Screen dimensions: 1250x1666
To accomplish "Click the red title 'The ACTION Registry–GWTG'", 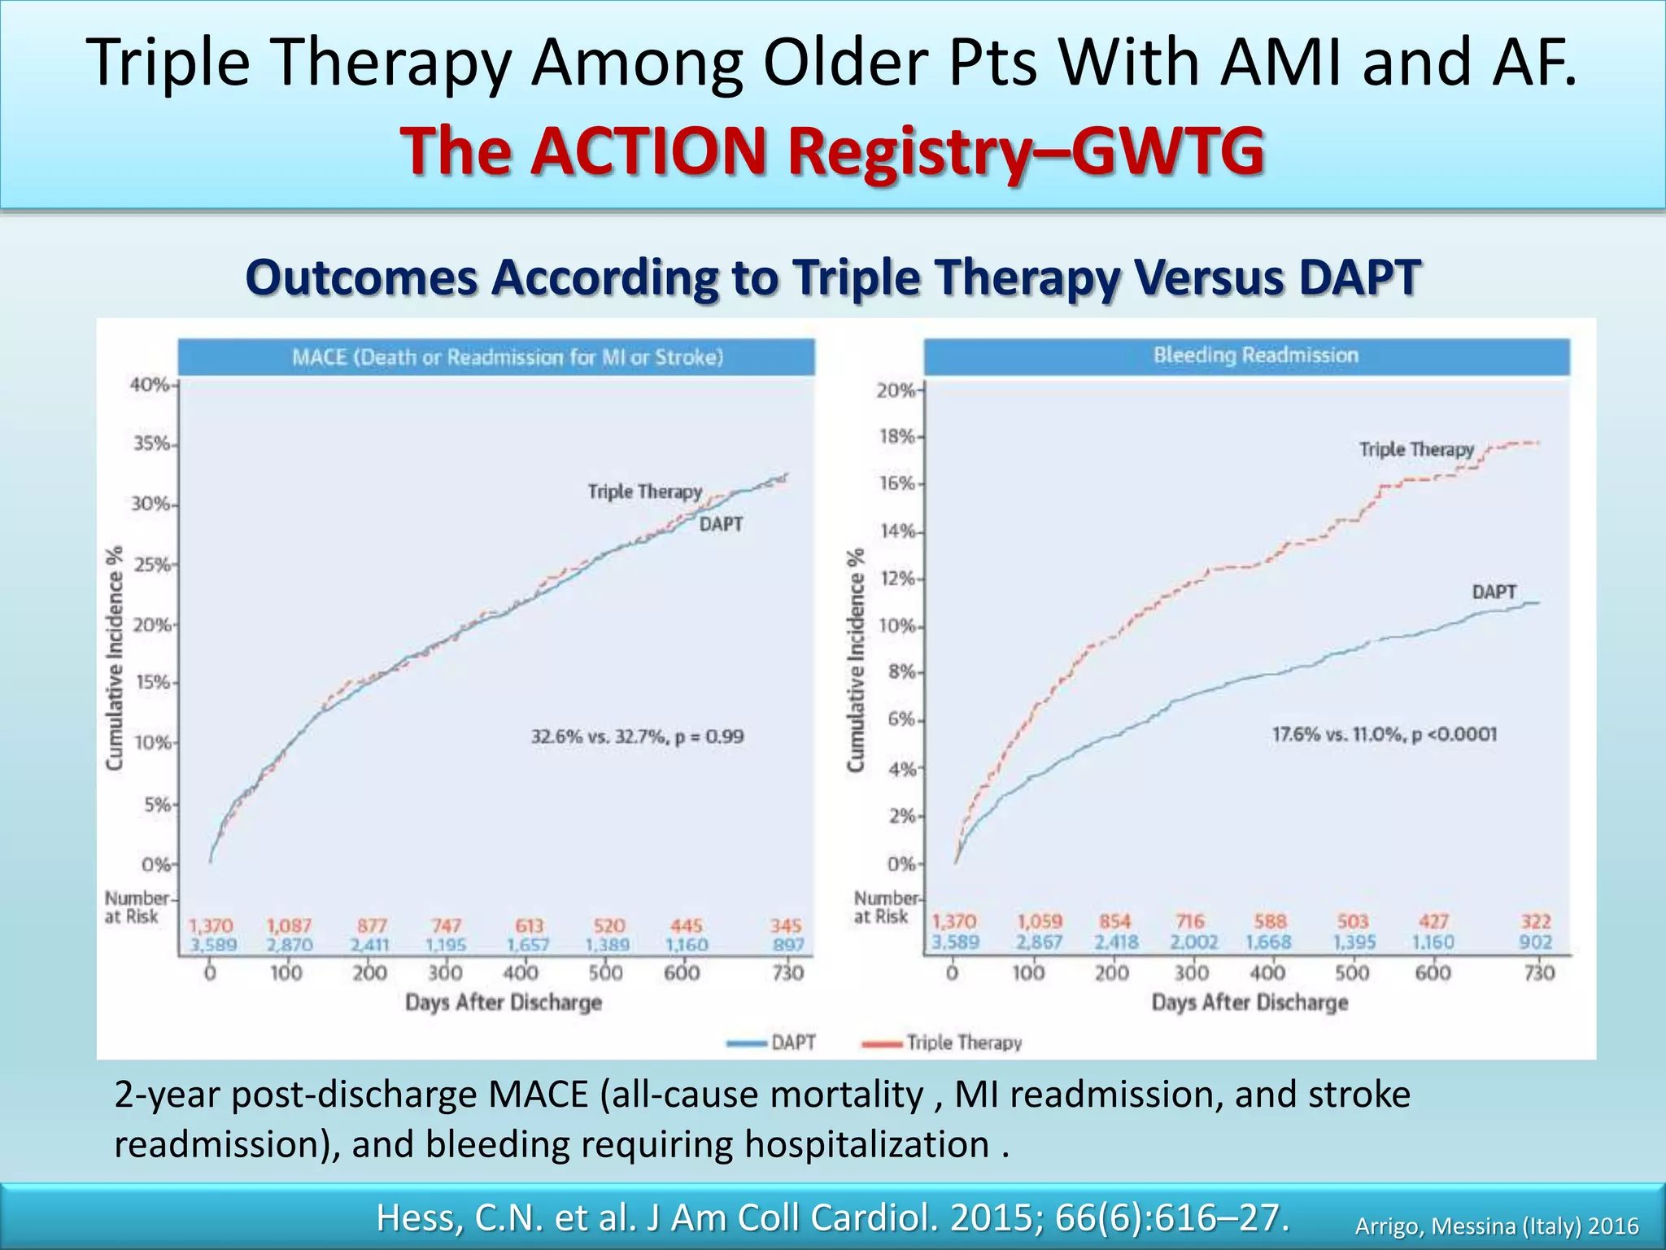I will tap(832, 152).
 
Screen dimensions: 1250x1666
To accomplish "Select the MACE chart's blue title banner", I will tap(496, 357).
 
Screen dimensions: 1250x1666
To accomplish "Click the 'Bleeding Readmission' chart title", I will tap(1255, 356).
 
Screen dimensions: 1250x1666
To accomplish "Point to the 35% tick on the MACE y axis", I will tap(152, 444).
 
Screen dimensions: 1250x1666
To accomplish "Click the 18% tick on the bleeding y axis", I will tap(896, 437).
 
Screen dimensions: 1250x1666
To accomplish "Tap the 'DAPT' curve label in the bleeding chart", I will tap(1494, 592).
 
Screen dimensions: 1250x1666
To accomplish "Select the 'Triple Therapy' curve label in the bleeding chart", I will tap(1416, 450).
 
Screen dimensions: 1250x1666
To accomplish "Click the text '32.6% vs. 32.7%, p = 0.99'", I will tap(637, 737).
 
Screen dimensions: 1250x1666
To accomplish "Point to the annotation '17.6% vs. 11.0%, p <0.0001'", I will tap(1384, 735).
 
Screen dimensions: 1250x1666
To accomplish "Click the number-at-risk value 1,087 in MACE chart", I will tap(289, 926).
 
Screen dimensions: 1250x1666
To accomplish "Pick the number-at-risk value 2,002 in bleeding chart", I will tap(1193, 942).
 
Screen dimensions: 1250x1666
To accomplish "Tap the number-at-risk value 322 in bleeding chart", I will tap(1536, 922).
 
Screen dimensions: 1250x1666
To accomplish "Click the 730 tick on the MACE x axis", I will tap(787, 973).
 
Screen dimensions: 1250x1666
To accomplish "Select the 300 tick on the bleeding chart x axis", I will tap(1191, 973).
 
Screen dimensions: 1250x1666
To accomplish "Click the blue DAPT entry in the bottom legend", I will tap(773, 1043).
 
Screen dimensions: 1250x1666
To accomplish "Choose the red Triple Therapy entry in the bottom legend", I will tap(944, 1043).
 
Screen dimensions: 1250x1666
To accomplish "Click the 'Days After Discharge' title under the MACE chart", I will tap(504, 1003).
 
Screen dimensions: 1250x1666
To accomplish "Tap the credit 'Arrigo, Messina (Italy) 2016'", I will tap(1496, 1226).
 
